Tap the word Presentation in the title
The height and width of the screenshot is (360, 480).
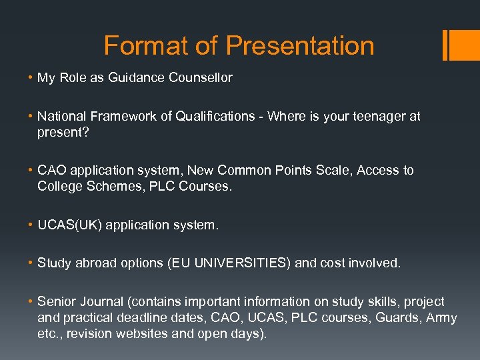(x=300, y=46)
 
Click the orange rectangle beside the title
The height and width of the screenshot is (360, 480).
(x=460, y=45)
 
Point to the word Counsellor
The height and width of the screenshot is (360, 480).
(x=201, y=78)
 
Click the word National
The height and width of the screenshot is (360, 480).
(x=63, y=117)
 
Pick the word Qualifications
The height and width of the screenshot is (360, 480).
(x=219, y=117)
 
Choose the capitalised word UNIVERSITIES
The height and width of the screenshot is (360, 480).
(x=243, y=263)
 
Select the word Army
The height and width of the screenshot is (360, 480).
(x=441, y=318)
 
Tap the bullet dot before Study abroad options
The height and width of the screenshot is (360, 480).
(x=31, y=263)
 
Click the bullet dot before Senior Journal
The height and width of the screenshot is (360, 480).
(x=31, y=302)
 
